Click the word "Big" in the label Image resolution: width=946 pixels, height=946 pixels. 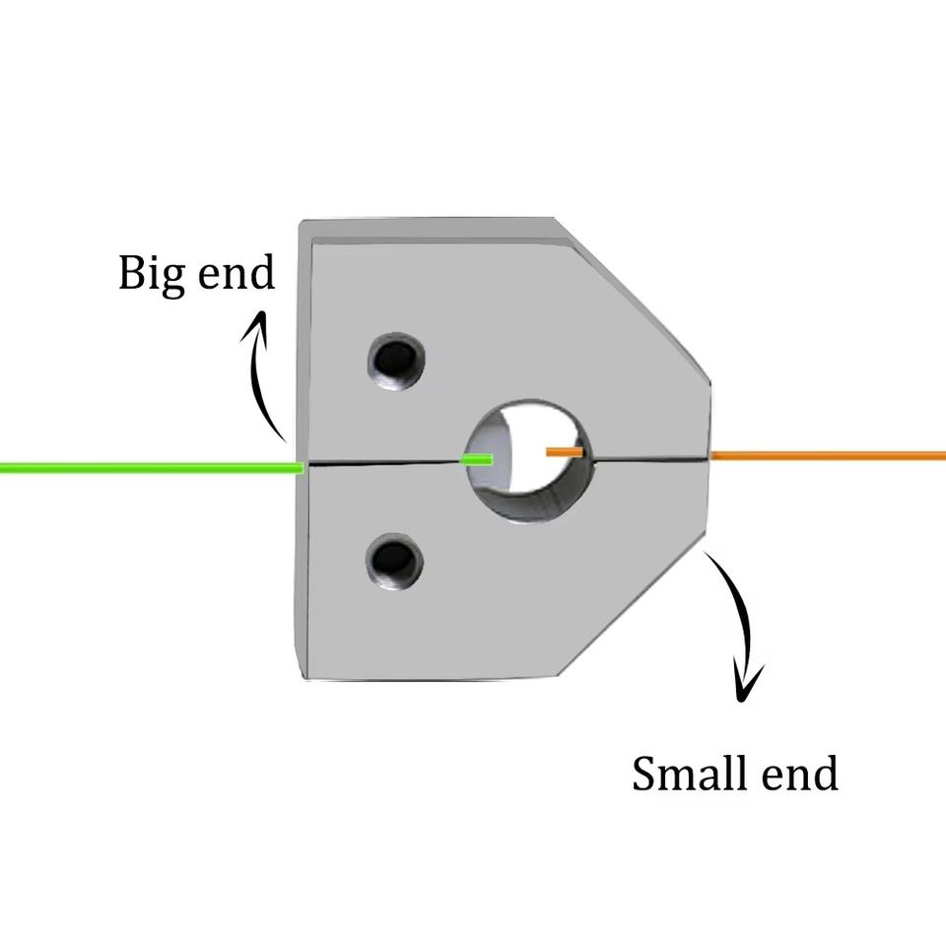pos(149,274)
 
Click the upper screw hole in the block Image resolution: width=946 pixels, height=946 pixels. pos(395,360)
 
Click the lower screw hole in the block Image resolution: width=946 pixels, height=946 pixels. pos(394,560)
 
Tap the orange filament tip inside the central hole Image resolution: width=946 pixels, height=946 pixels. pos(565,452)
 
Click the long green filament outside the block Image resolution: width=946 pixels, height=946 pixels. pos(148,467)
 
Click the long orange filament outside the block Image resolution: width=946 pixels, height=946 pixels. pos(828,455)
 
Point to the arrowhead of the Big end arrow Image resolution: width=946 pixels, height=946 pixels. pos(261,320)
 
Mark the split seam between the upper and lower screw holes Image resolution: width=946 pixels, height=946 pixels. pos(394,462)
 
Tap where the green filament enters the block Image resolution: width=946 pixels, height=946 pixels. pos(302,466)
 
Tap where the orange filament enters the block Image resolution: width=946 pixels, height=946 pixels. pos(710,456)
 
